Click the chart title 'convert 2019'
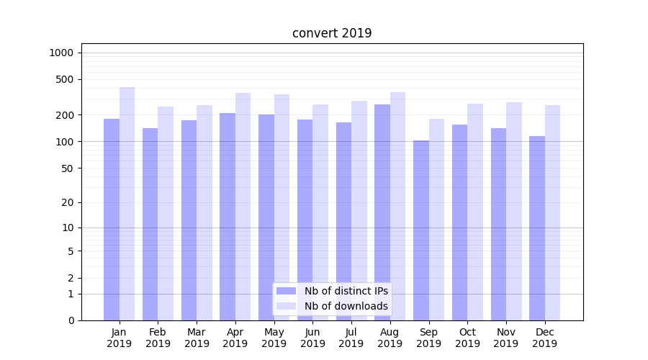(x=332, y=33)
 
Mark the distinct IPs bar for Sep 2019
(x=421, y=230)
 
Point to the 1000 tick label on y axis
(x=61, y=53)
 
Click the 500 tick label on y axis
(x=64, y=79)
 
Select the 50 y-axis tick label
(x=67, y=168)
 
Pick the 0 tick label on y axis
(x=71, y=320)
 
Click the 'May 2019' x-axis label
(x=274, y=338)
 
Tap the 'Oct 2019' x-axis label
(x=467, y=338)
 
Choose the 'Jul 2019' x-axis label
(x=351, y=338)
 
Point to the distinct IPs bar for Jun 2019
(x=305, y=220)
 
